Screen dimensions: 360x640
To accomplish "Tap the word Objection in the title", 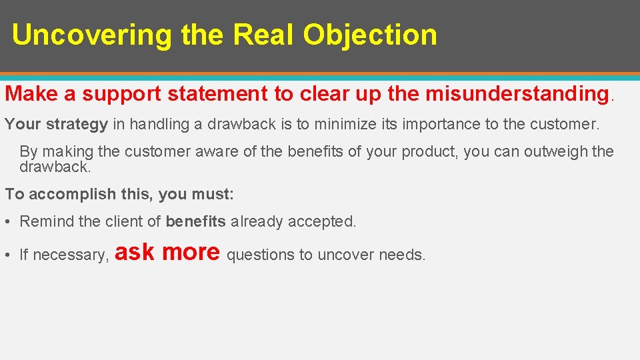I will pos(370,35).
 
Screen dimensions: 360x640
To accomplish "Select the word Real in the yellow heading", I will pos(264,35).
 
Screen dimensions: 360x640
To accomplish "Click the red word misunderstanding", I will pos(517,94).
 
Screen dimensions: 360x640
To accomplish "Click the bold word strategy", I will pos(77,124).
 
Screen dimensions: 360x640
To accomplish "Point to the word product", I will pos(429,151).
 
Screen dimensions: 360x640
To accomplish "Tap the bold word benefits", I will pos(196,221).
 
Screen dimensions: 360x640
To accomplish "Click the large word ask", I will pos(135,252).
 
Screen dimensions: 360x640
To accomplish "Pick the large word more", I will pos(191,252).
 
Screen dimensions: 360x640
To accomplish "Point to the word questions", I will pos(261,255).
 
